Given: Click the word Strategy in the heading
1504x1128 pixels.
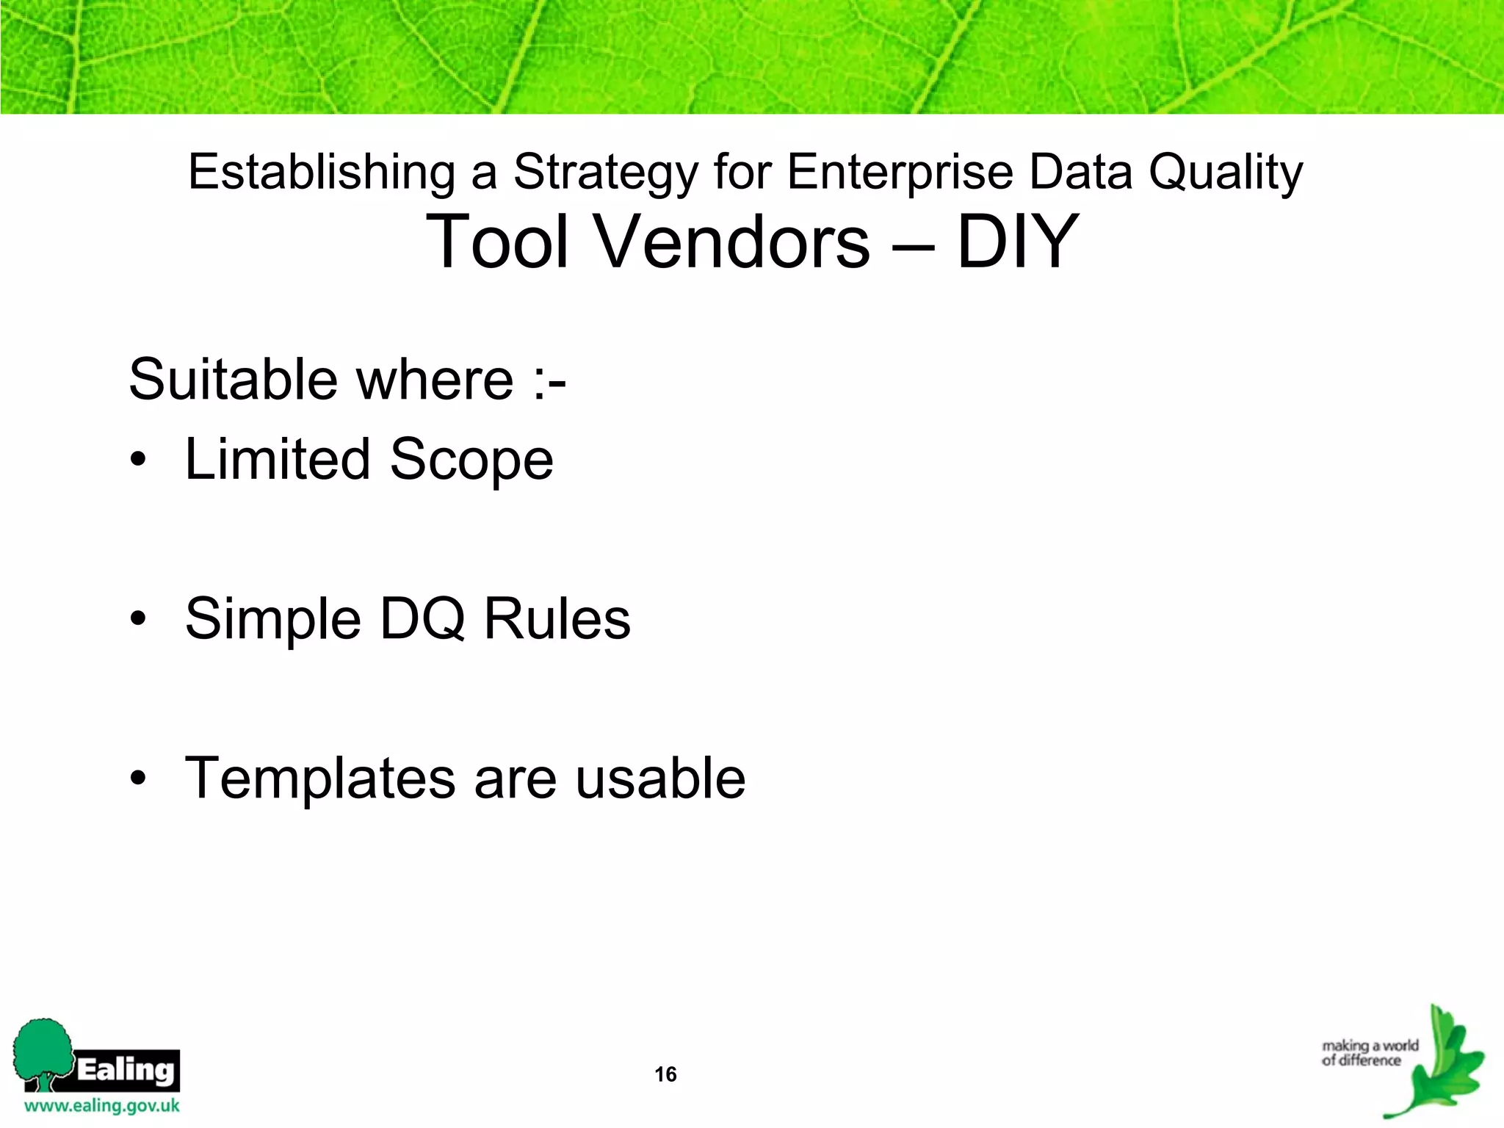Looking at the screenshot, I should coord(605,173).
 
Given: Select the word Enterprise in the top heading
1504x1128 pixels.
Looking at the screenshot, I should coord(900,173).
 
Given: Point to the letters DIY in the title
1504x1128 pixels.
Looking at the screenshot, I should coord(1017,242).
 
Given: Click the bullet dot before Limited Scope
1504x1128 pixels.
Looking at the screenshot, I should coord(138,460).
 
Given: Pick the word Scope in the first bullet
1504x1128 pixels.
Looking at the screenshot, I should coord(471,460).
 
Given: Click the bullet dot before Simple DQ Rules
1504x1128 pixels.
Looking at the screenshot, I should coord(138,619).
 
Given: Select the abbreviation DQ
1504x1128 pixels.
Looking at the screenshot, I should coord(422,619).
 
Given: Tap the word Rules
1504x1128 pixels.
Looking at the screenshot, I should coord(557,619).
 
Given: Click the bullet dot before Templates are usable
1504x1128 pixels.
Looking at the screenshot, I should coord(138,778).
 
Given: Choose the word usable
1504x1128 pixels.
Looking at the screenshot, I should coord(660,778).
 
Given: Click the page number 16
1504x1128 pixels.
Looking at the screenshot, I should coord(665,1074).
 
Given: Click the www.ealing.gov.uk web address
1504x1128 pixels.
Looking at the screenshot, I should coord(101,1106).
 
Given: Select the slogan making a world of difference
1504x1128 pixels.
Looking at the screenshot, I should coord(1370,1053).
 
